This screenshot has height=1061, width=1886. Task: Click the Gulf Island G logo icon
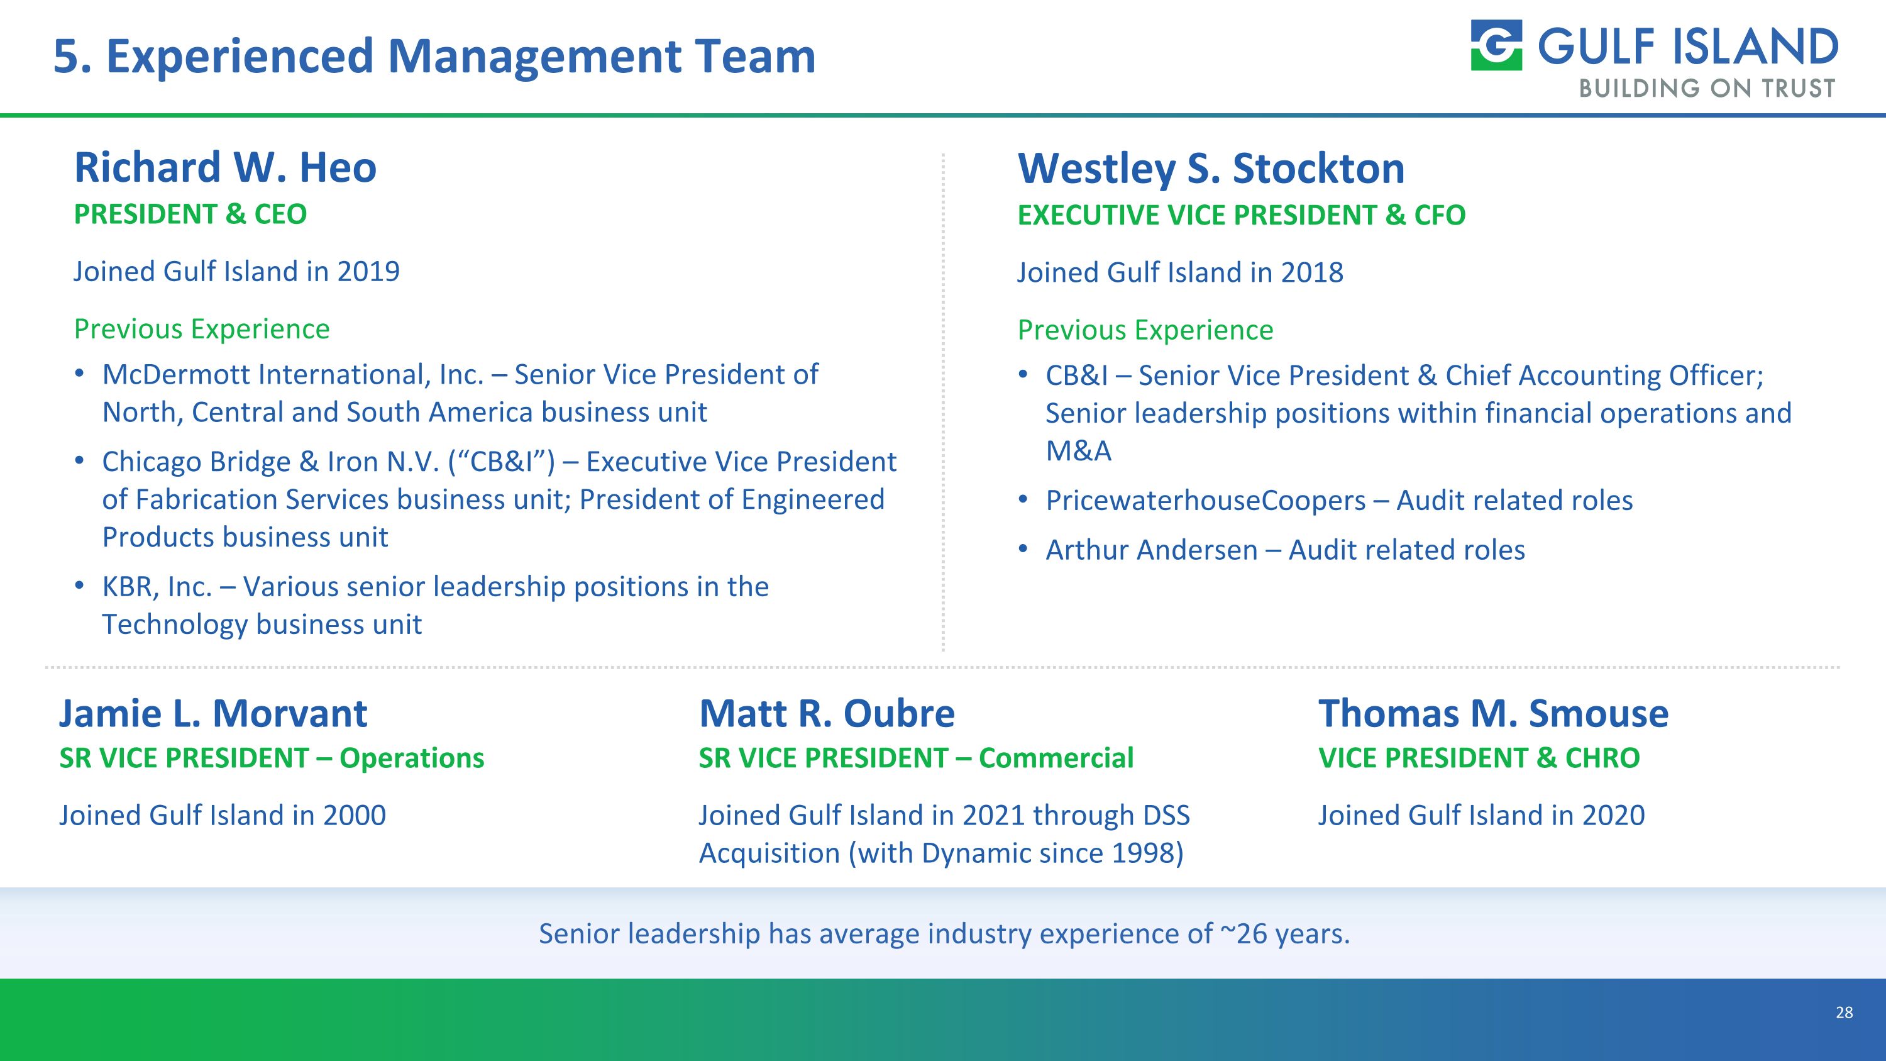1496,45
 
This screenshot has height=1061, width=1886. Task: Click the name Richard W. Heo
225,168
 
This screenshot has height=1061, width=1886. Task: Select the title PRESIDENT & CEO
190,214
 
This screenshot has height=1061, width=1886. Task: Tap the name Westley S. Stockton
1211,169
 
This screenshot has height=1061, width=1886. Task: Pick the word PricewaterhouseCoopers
1205,501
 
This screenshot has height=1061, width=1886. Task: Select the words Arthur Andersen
1151,550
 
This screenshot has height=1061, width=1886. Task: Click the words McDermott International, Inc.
293,375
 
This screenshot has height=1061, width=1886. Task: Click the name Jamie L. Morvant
213,713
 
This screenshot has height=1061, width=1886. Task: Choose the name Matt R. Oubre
827,713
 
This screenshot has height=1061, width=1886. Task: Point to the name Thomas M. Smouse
1493,713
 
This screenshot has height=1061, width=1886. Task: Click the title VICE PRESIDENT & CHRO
1479,758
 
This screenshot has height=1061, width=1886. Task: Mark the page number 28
1843,1013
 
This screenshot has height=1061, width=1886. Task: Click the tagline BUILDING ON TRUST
1707,89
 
